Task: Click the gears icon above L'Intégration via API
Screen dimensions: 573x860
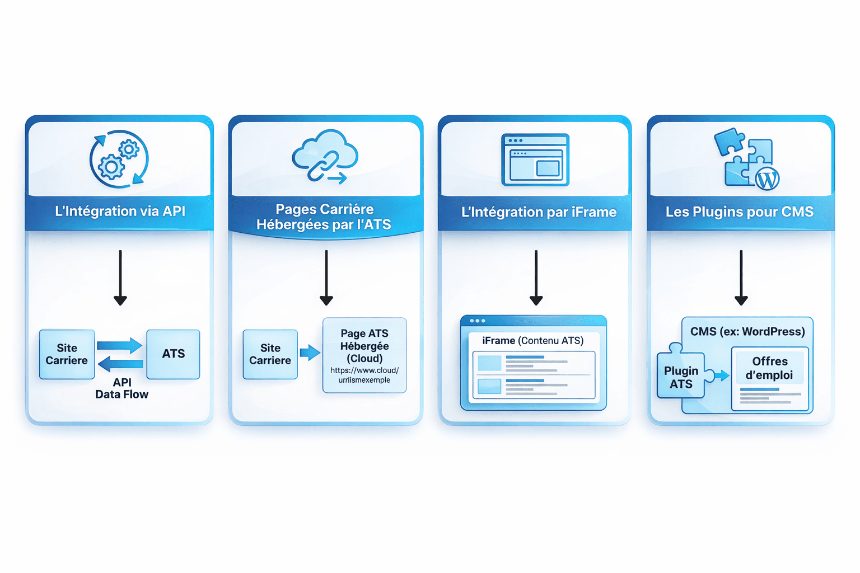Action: tap(119, 159)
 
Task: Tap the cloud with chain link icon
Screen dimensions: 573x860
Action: tap(325, 156)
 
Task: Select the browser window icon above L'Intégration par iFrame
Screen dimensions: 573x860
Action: tap(535, 160)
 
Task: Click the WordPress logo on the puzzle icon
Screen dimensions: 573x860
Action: tap(767, 179)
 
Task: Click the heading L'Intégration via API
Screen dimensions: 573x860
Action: tap(120, 212)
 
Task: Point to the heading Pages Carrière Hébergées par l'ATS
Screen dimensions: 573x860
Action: tap(324, 217)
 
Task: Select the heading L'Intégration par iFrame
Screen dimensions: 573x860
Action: tap(539, 212)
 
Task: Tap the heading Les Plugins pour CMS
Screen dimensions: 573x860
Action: tap(739, 212)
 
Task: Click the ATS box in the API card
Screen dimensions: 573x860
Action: tap(173, 354)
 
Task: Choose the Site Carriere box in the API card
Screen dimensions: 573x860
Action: tap(67, 354)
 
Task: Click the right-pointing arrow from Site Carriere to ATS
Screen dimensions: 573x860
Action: tap(119, 345)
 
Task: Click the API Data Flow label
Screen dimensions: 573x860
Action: tap(121, 388)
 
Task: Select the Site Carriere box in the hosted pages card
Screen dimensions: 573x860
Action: tap(270, 354)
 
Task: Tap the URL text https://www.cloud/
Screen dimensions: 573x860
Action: tap(364, 370)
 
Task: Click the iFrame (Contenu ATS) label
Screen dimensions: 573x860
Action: tap(532, 341)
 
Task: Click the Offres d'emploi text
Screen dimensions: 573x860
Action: tap(769, 368)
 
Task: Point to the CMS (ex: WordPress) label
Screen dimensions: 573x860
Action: tap(747, 332)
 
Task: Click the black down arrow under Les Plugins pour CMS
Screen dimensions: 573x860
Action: tap(741, 278)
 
